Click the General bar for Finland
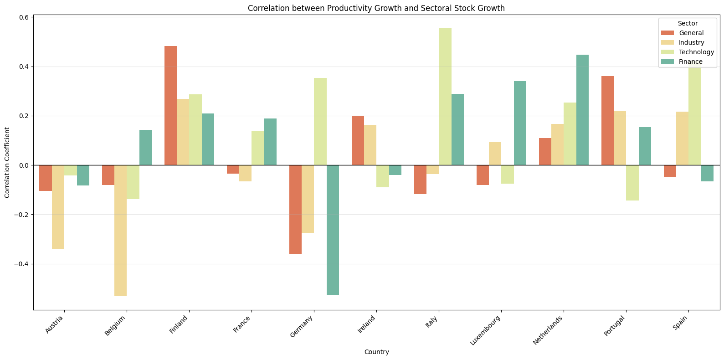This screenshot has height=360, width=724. [170, 106]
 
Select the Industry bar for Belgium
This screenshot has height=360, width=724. [120, 231]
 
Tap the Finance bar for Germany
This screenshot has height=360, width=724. [333, 230]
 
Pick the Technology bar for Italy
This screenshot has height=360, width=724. [445, 97]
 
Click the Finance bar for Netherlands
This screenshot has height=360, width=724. [582, 110]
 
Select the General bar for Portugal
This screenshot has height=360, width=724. [607, 121]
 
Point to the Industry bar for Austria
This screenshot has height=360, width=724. [58, 207]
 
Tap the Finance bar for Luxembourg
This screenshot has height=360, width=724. [520, 123]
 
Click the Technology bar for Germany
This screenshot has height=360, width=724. [320, 122]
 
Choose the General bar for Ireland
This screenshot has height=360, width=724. [358, 140]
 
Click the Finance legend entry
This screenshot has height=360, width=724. [690, 62]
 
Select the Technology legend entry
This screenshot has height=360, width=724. [696, 52]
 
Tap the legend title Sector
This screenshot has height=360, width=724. [687, 23]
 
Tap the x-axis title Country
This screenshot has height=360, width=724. [376, 352]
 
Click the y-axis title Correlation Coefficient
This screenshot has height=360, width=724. [7, 162]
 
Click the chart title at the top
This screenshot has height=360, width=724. [376, 8]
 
